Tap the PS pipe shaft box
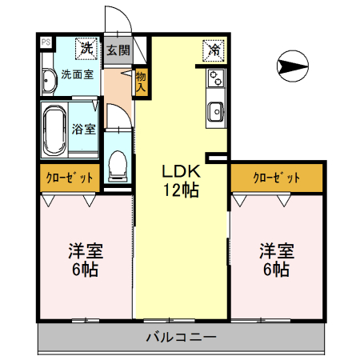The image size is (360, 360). (45, 42)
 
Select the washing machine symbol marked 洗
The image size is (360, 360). (86, 48)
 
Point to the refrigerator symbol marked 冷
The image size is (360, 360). (214, 49)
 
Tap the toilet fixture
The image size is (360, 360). (117, 165)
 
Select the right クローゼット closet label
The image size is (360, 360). (276, 178)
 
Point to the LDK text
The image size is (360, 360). (181, 171)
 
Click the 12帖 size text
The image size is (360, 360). (182, 190)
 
